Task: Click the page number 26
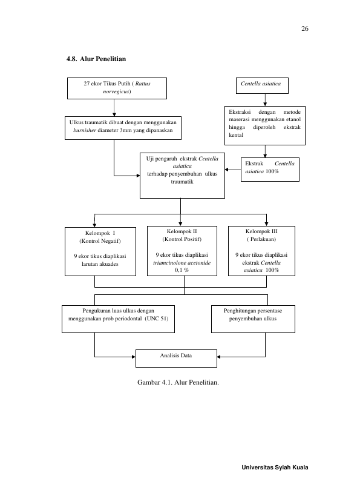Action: point(305,29)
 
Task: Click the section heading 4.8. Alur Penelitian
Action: point(96,59)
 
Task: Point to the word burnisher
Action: point(84,130)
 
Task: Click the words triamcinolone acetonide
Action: point(182,263)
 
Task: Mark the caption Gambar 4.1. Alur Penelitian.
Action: point(178,382)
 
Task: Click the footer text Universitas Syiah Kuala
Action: point(275,468)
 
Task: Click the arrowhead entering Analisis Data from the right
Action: point(218,357)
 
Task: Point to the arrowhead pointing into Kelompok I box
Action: point(94,225)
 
